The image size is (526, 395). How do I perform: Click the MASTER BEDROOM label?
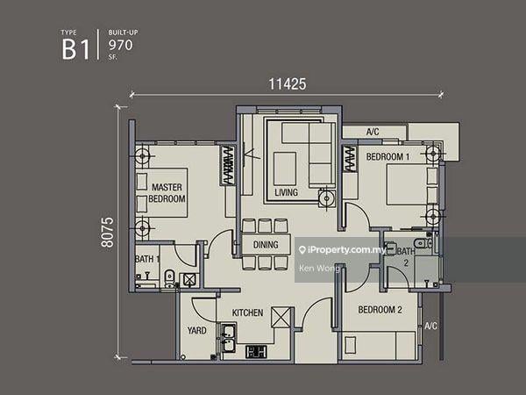[167, 193]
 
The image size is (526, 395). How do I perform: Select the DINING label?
[266, 245]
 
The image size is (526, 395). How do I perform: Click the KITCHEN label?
[248, 312]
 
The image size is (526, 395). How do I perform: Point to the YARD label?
[197, 331]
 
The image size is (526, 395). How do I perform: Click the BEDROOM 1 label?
[387, 156]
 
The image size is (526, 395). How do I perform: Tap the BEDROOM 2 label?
[380, 310]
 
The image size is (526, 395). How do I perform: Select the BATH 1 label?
[147, 259]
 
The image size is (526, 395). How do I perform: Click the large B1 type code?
[75, 49]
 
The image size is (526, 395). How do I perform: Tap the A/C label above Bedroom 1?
[373, 133]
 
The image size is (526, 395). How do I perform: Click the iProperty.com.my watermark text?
[343, 250]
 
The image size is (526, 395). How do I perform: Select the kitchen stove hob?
[257, 351]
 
